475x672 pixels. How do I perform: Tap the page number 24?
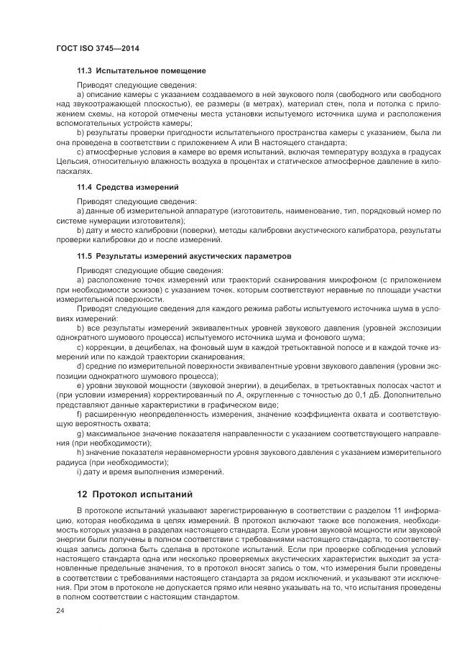(x=60, y=611)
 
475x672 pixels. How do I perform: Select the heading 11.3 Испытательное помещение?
(x=142, y=70)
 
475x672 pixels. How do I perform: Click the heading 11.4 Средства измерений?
(x=128, y=187)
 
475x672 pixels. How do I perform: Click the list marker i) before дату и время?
(x=78, y=471)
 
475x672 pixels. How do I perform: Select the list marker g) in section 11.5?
(x=80, y=433)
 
